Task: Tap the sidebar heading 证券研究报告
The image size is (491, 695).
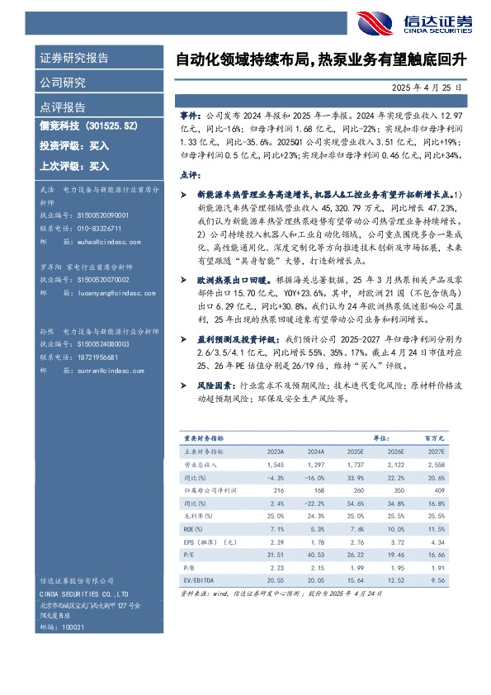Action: tap(74, 59)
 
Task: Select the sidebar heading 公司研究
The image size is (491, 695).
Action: tap(63, 83)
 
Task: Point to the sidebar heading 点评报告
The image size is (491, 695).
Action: tap(63, 106)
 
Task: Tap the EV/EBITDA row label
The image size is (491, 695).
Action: tap(196, 580)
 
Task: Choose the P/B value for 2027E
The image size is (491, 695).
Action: tap(437, 568)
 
